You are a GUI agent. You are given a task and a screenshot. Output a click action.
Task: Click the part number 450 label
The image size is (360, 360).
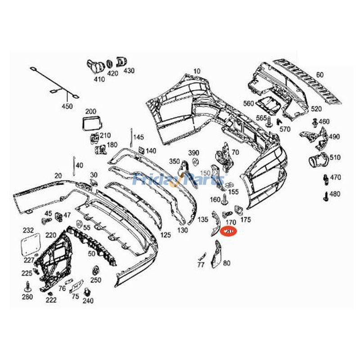pos(67,107)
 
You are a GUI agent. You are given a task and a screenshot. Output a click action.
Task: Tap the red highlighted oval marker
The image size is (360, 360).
pos(229,232)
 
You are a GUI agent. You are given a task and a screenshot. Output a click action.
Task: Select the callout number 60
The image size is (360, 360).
pos(319,75)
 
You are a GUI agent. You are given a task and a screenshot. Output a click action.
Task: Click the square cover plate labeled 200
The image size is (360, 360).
pos(91,123)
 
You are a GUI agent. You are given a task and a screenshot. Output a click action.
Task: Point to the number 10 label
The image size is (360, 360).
pos(197,72)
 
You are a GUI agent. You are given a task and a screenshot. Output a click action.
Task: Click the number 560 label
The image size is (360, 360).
pos(248,103)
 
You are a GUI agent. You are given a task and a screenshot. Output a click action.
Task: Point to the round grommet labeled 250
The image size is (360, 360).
pos(95,271)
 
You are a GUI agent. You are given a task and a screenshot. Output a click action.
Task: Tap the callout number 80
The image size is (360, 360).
pos(226,263)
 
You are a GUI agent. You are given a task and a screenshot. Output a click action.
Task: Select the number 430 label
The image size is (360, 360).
pos(129,71)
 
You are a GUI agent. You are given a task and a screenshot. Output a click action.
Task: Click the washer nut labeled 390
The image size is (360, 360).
pos(195,162)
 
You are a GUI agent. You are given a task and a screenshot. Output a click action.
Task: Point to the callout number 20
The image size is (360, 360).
pos(58,175)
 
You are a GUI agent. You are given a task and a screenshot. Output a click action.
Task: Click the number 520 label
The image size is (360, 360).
pos(316,109)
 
